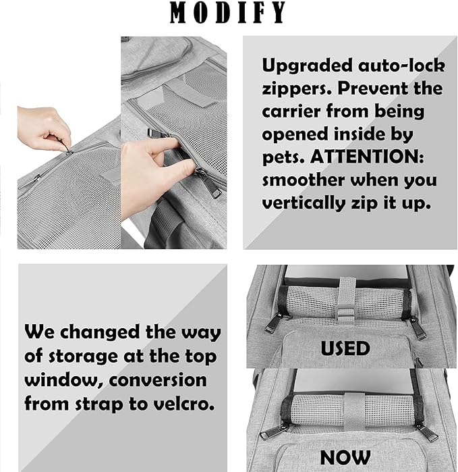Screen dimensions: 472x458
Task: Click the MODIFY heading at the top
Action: tap(228, 13)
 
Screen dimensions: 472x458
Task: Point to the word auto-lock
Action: tap(402, 65)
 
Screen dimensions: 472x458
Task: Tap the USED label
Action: tap(345, 348)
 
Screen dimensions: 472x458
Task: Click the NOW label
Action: tap(345, 456)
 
